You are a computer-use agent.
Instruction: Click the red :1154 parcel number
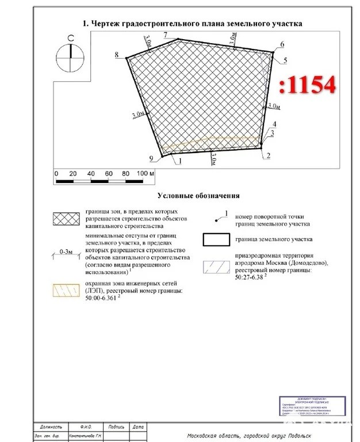(x=307, y=86)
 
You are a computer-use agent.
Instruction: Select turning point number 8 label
(x=117, y=55)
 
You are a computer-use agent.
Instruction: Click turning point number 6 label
(x=282, y=44)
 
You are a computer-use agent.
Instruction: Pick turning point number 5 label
(x=286, y=60)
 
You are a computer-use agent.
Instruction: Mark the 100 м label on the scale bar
(x=144, y=173)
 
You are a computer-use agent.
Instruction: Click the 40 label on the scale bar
(x=91, y=173)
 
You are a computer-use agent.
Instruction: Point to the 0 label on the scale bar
(x=56, y=173)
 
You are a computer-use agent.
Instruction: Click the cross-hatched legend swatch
(x=66, y=219)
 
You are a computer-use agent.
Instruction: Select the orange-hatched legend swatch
(x=66, y=289)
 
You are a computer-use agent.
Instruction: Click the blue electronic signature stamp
(x=309, y=406)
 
